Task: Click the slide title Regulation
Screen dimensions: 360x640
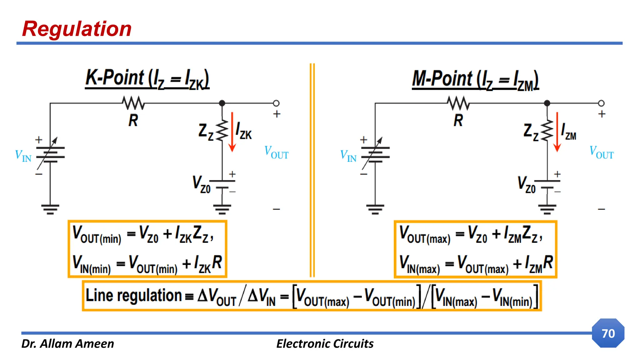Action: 77,29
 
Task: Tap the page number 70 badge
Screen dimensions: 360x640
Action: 608,333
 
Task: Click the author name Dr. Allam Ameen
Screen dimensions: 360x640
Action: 67,344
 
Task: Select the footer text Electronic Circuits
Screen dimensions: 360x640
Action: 325,344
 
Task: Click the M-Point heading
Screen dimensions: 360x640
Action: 475,79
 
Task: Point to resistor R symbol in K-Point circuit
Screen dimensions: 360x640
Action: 133,103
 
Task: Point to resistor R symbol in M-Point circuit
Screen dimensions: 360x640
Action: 458,103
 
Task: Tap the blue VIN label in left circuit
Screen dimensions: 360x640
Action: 23,155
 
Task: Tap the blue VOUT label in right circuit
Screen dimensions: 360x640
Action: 601,152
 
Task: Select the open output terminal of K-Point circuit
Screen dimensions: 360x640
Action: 276,103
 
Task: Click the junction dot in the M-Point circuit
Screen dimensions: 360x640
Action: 547,103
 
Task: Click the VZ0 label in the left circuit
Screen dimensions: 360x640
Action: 201,184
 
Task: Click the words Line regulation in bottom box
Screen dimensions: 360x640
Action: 134,295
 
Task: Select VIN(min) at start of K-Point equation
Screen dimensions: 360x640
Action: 92,264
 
